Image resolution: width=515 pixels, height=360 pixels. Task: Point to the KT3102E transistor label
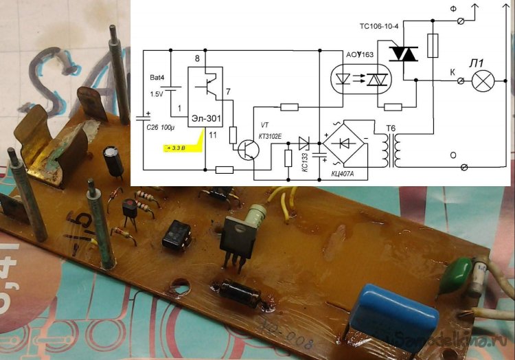pyautogui.click(x=269, y=136)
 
